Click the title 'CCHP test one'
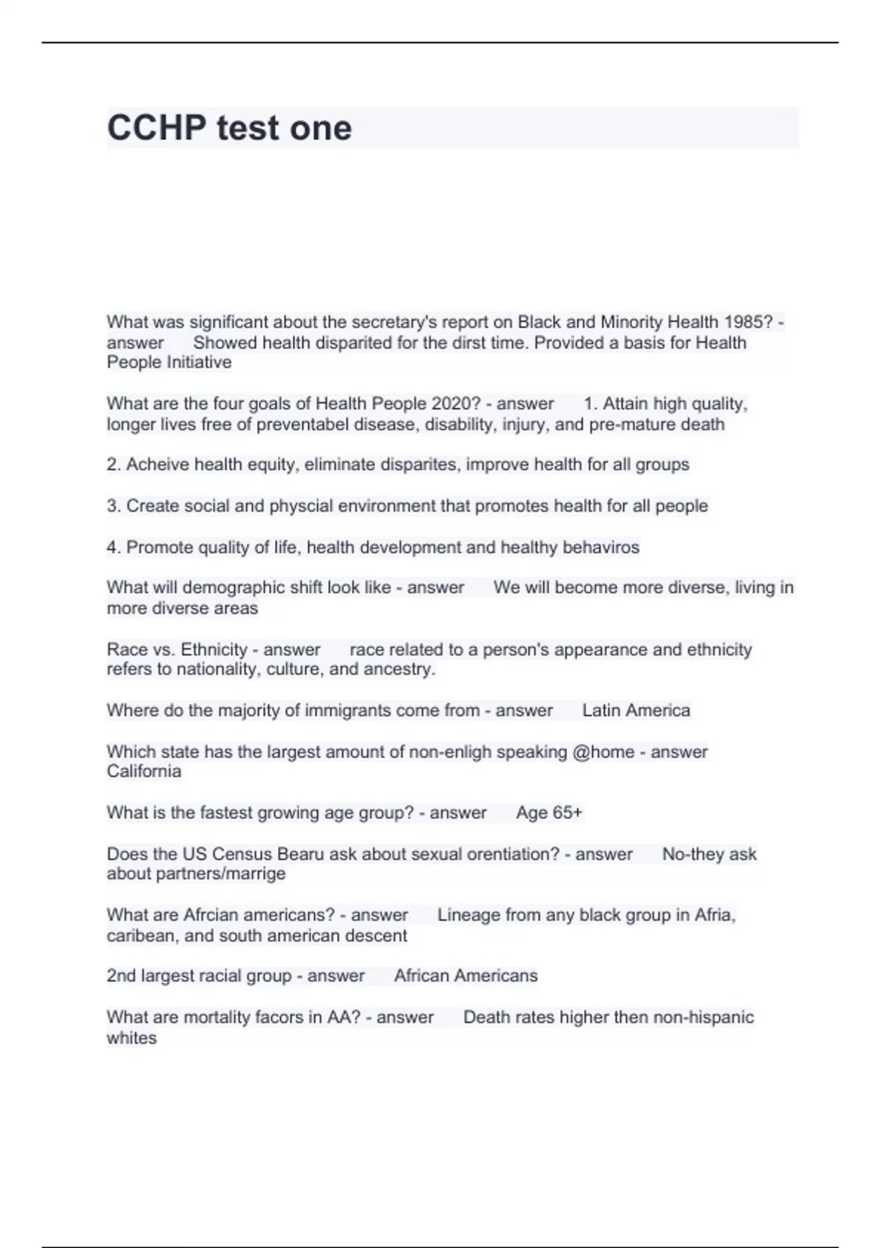click(229, 128)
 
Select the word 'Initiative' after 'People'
click(199, 363)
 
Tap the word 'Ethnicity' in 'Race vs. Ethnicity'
click(214, 650)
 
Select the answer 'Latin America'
click(636, 711)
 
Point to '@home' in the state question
click(603, 752)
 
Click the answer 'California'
click(144, 772)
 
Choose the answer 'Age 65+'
click(549, 813)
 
